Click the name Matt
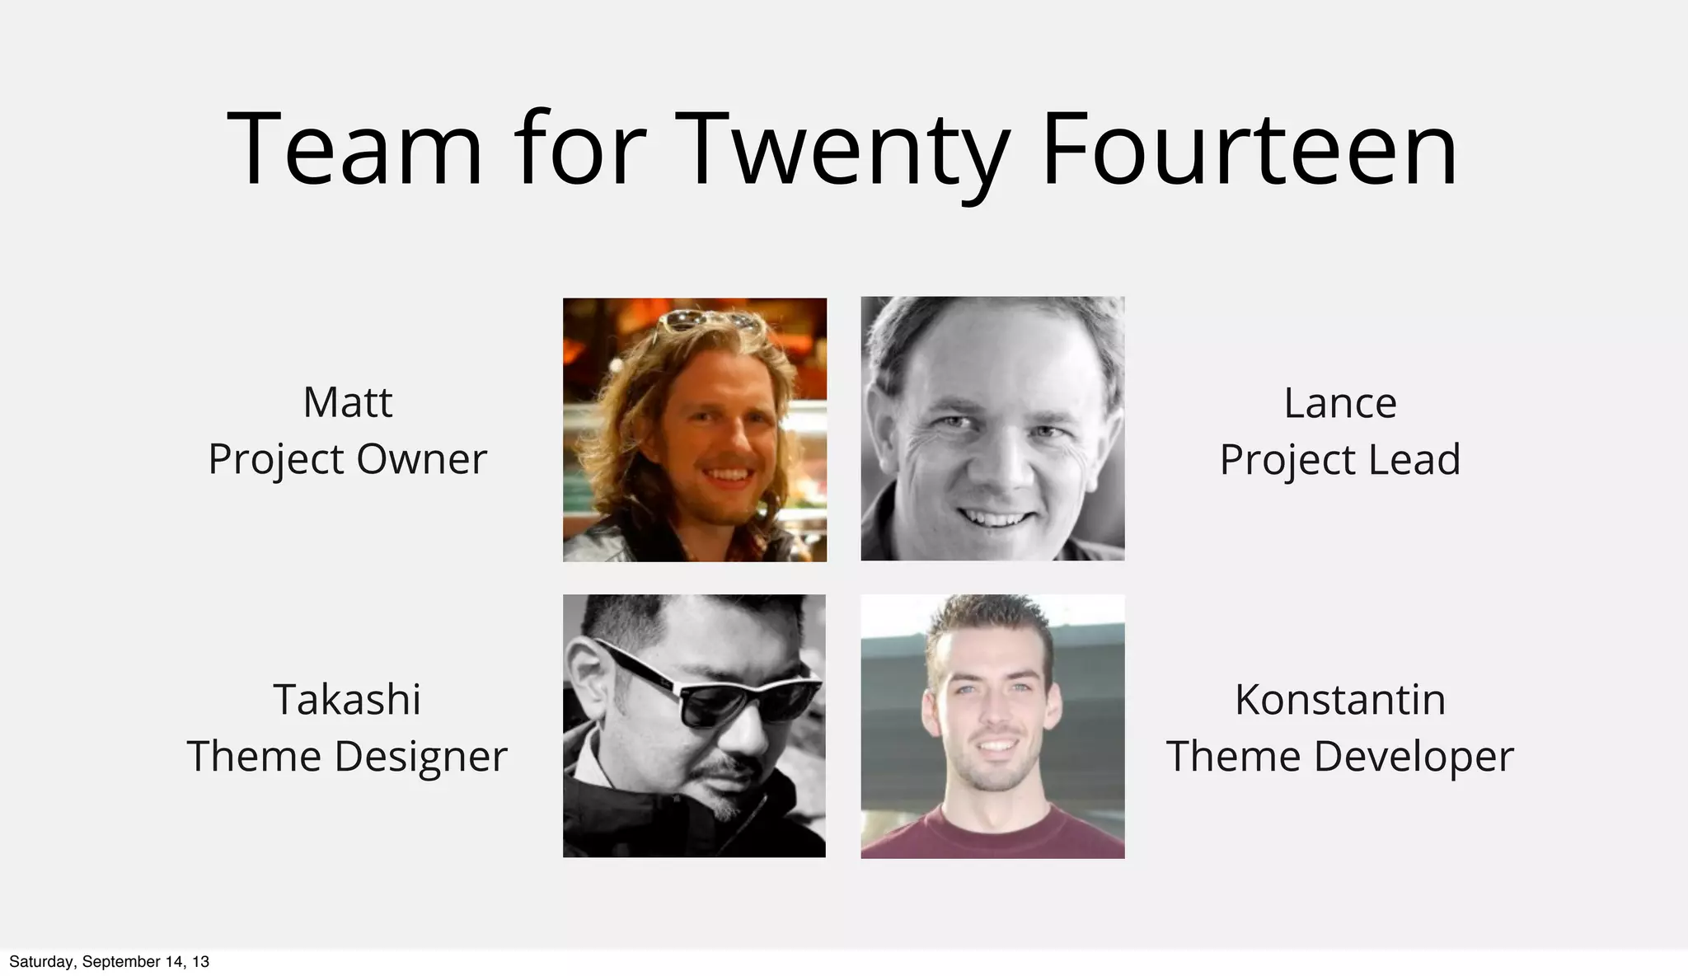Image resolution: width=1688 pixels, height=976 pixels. (347, 403)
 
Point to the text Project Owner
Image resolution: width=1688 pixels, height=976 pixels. (347, 459)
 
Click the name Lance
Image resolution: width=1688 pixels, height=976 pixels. (1340, 404)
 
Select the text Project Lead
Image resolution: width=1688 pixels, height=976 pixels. (1340, 460)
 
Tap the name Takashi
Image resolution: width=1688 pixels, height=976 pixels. (347, 700)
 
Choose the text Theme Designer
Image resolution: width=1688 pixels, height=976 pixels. (347, 757)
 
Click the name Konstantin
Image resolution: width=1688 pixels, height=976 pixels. (1340, 700)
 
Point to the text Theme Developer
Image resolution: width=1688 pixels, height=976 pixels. (1340, 757)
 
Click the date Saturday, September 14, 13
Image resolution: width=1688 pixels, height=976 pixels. (109, 962)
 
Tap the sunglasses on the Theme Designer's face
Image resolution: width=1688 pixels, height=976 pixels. (725, 692)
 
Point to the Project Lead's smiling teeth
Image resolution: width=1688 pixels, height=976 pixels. (992, 518)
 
